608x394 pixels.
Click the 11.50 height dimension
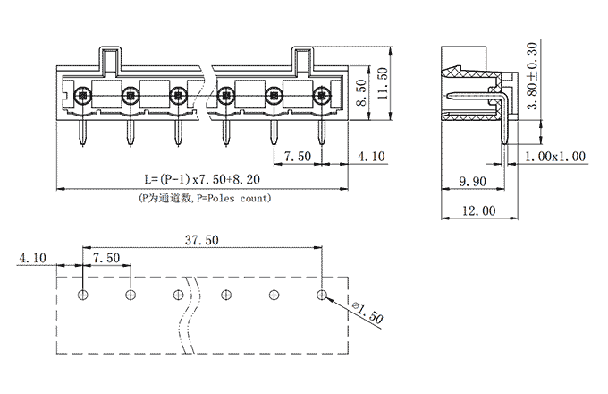383,86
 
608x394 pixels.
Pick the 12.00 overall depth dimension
475,210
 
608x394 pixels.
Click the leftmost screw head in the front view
82,93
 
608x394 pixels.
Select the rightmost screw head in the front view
322,93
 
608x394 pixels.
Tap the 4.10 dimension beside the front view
369,157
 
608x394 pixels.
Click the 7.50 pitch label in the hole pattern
106,258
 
